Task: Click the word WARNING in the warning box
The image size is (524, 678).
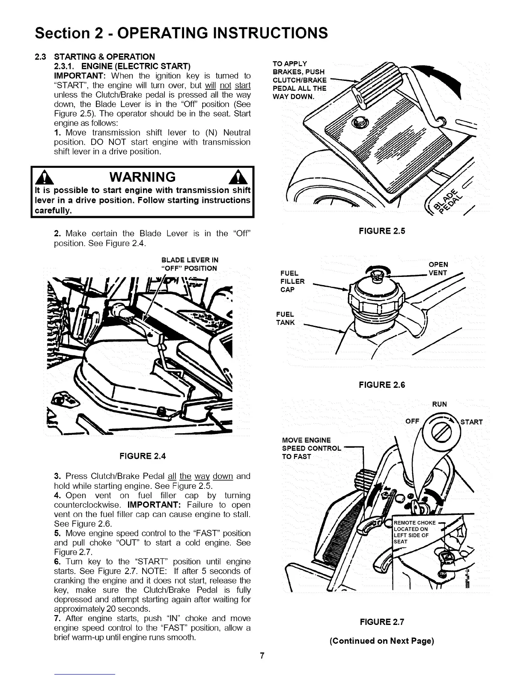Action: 143,177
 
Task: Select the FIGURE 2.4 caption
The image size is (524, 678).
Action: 143,456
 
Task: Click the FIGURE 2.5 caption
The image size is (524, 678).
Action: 382,231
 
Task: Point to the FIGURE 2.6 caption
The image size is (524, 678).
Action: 382,385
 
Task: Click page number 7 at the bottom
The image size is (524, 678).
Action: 262,655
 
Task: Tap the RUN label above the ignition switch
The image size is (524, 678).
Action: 439,404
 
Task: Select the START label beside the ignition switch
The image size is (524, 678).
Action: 471,422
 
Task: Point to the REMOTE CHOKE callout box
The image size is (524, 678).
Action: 414,532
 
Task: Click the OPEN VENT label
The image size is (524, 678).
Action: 438,269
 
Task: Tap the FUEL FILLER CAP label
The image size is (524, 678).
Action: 292,281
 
